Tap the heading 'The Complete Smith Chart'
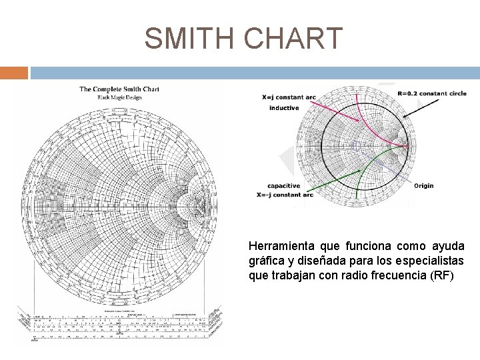click(119, 89)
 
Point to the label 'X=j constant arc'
click(289, 97)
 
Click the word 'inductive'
click(285, 108)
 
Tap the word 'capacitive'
click(283, 186)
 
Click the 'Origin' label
click(425, 185)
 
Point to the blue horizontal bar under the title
click(253, 72)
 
